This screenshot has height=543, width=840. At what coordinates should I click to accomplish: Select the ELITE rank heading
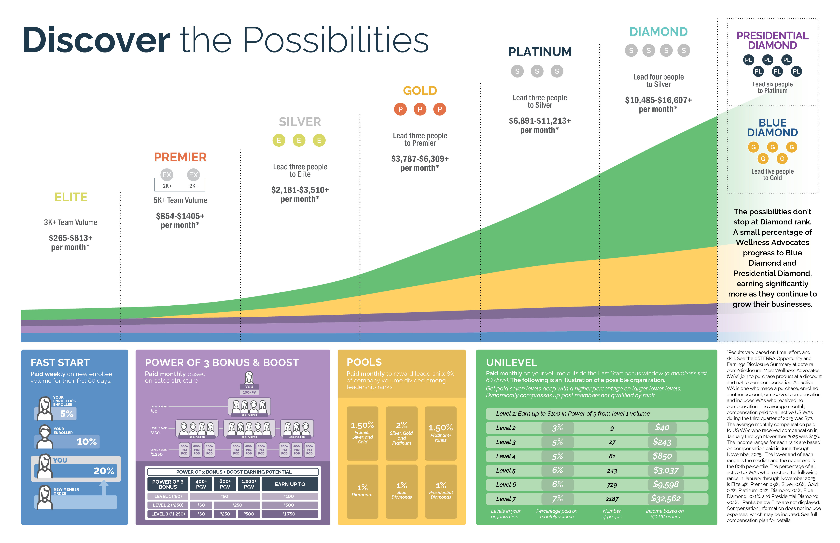[71, 197]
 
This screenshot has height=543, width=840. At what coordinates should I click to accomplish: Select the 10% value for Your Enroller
[86, 442]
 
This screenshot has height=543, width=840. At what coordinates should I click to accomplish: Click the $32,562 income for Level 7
[666, 499]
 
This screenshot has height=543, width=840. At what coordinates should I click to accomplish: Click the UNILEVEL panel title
[511, 362]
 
